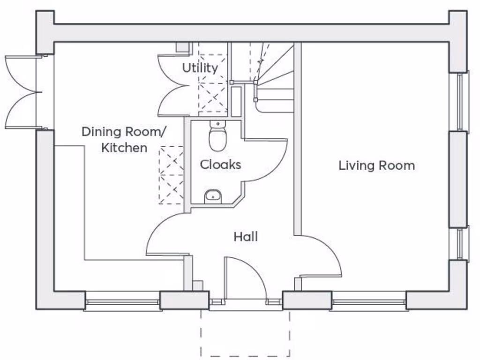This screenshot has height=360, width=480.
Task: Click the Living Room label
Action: [376, 165]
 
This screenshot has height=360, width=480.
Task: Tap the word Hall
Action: [246, 237]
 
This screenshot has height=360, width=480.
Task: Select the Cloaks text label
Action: [220, 165]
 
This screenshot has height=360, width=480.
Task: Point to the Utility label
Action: [200, 68]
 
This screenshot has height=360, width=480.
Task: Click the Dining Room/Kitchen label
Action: [124, 139]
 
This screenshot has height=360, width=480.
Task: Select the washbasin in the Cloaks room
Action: [213, 196]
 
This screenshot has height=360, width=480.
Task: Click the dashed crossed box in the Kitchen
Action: [171, 175]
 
